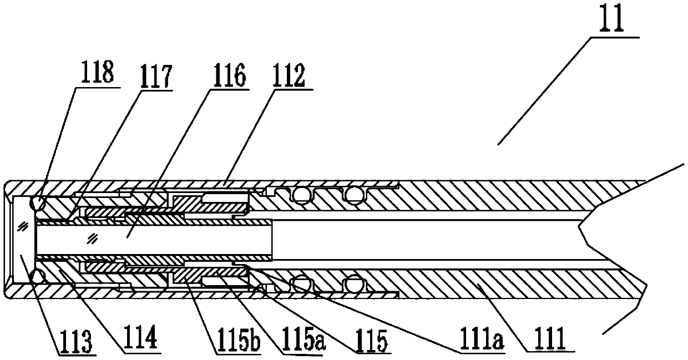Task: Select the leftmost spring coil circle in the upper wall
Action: click(301, 194)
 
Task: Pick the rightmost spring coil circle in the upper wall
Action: click(354, 194)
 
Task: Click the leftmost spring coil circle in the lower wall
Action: click(301, 285)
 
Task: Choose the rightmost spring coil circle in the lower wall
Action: click(353, 285)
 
